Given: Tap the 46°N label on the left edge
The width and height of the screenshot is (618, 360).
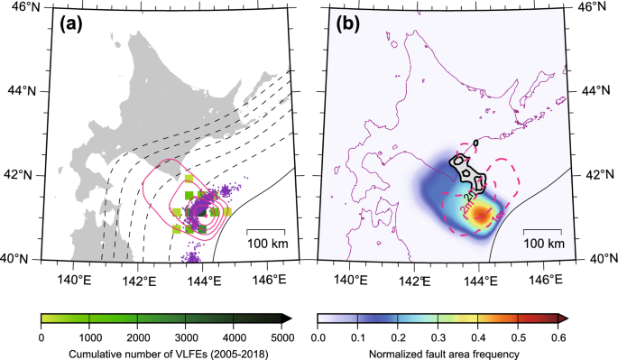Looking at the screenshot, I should click(x=16, y=6).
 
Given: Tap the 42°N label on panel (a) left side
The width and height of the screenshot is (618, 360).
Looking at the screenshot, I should click(x=16, y=174).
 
